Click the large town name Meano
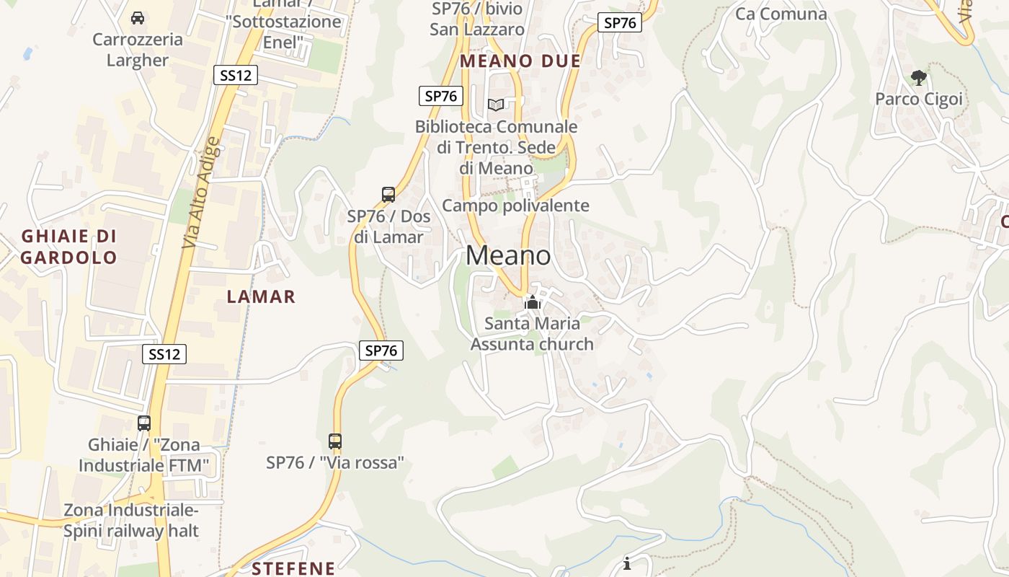[508, 255]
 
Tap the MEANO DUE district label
[520, 61]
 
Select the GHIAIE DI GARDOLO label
[68, 247]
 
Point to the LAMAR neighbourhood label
[261, 296]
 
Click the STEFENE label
[293, 568]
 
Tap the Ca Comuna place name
[781, 14]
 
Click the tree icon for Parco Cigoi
[918, 77]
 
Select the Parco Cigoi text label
[918, 99]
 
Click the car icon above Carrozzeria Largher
[138, 17]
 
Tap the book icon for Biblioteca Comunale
[496, 105]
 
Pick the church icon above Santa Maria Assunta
[533, 302]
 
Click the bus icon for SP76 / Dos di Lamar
[388, 194]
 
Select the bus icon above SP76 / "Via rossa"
[335, 441]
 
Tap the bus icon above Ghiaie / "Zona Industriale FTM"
[144, 423]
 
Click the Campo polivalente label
[515, 206]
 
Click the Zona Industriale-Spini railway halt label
[131, 521]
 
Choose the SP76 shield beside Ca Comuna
[620, 22]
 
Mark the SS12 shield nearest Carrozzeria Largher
[236, 75]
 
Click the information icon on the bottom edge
[627, 563]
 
